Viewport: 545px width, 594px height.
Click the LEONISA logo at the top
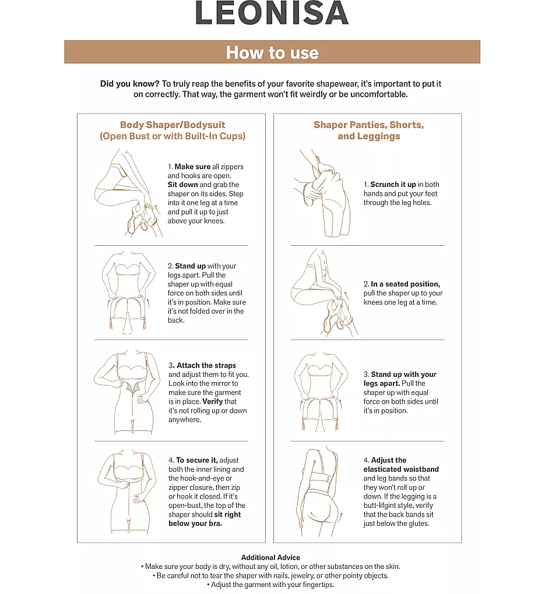click(272, 13)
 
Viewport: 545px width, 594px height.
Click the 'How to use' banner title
click(272, 52)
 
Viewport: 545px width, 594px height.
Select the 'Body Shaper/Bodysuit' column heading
click(173, 125)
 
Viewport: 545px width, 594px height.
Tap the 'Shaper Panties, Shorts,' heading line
click(368, 125)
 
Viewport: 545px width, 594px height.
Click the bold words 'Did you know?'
click(130, 84)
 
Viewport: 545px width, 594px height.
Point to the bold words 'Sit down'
click(183, 185)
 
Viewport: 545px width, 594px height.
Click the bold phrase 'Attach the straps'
click(206, 365)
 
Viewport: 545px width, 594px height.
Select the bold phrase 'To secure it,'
click(197, 460)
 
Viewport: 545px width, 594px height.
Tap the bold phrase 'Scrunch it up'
click(393, 185)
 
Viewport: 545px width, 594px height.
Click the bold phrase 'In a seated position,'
click(406, 284)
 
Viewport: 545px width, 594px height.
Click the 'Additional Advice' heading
click(270, 558)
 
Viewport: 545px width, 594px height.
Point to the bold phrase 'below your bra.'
click(195, 524)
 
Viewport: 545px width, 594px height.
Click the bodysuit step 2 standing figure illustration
click(128, 292)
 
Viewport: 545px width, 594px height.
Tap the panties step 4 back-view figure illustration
click(322, 492)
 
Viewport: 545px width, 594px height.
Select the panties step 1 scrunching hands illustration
click(322, 193)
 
